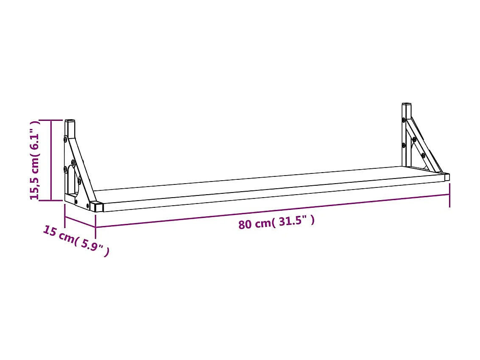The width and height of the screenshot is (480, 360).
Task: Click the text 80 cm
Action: [256, 223]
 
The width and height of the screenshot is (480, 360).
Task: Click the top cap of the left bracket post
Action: [70, 121]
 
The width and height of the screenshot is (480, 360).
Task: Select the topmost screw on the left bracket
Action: [65, 139]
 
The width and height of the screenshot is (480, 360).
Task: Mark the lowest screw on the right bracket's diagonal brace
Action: [423, 155]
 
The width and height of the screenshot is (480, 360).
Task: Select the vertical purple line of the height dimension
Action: [51, 160]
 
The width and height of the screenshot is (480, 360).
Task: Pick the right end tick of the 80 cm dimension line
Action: [449, 195]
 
